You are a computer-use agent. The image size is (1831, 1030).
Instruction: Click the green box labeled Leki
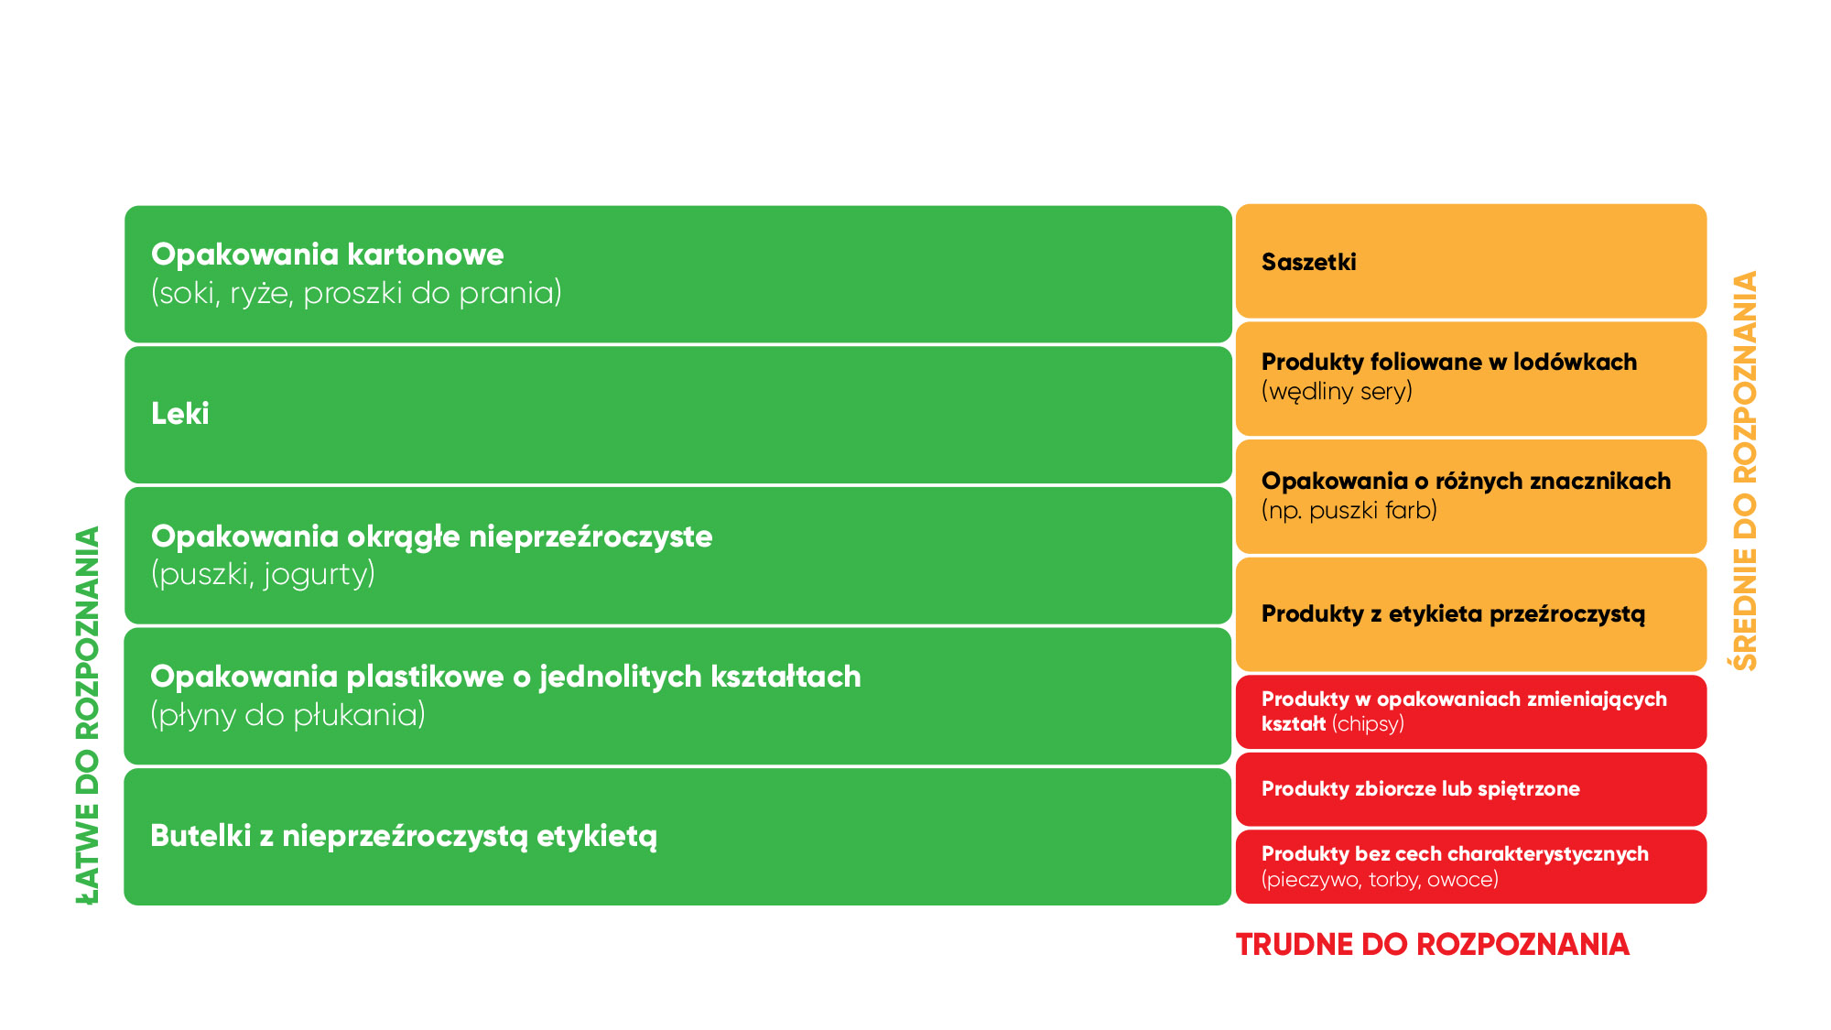coord(677,415)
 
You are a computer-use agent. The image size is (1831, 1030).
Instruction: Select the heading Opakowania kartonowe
coord(327,255)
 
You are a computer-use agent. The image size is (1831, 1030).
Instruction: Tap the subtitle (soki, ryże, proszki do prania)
coord(356,293)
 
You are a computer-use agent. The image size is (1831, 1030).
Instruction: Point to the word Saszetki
coord(1308,262)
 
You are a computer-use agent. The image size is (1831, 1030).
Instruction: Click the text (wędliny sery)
coord(1337,392)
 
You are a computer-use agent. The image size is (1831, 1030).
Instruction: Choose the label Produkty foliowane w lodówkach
coord(1449,362)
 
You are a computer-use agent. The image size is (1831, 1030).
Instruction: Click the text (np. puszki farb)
coord(1349,510)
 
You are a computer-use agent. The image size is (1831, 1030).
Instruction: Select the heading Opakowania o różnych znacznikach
coord(1466,481)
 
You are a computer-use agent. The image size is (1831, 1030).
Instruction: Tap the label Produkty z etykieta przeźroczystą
coord(1453,614)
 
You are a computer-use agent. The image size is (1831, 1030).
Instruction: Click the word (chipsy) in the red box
coord(1368,724)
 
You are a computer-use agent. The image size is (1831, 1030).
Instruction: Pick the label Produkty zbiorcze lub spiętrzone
coord(1420,789)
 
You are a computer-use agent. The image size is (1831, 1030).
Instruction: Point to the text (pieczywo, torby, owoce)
coord(1380,880)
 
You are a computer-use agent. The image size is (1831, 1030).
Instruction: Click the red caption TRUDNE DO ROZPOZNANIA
coord(1432,945)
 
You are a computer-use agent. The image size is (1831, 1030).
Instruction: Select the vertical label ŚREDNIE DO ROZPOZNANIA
coord(1746,471)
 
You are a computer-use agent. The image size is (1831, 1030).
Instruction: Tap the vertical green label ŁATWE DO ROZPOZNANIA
coord(88,715)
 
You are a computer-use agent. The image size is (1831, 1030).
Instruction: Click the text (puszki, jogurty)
coord(263,575)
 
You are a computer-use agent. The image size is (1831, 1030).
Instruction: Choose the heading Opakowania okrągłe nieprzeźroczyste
coord(431,537)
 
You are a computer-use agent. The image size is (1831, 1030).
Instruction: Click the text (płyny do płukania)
coord(287,715)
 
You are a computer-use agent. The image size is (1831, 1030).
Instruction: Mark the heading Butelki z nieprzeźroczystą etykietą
coord(404,836)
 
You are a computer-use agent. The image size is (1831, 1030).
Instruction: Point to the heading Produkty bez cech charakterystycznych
coord(1455,854)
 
